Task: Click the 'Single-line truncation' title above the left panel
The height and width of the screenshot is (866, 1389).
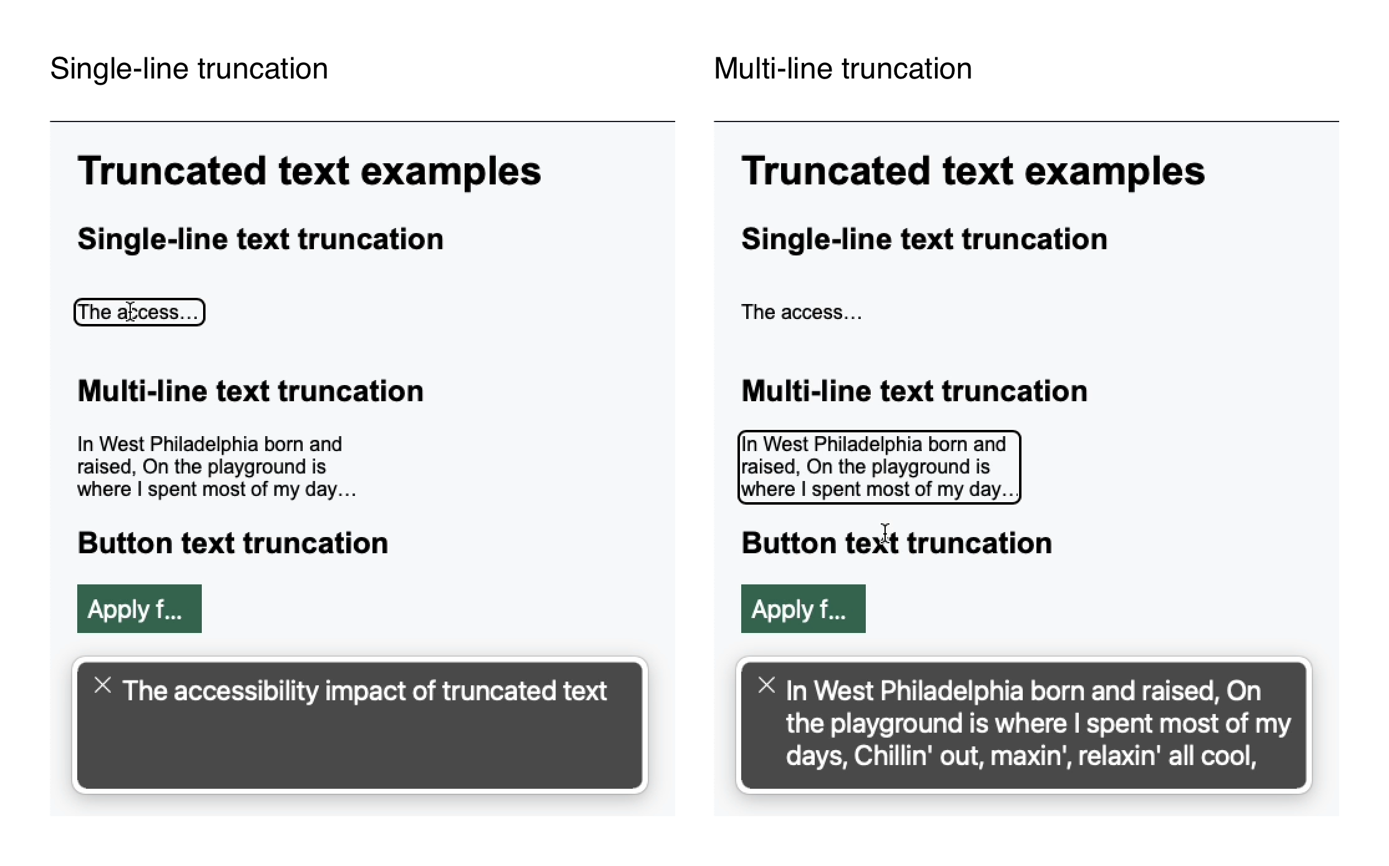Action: [x=189, y=69]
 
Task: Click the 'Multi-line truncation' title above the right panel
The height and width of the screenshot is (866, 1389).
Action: [x=843, y=69]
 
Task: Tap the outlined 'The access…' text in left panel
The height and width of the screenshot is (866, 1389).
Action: [x=139, y=312]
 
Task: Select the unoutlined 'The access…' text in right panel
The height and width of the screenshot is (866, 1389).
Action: [x=801, y=312]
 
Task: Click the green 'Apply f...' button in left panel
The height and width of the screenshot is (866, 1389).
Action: [x=139, y=609]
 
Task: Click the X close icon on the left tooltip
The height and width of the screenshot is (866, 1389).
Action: [x=103, y=685]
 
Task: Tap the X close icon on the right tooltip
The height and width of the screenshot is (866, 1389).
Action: [x=767, y=685]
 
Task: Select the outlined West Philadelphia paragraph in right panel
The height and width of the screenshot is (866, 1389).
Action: [x=878, y=467]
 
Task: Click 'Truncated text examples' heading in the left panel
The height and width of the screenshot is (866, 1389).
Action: [x=309, y=171]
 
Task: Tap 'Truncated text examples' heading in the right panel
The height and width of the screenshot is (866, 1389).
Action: [x=973, y=171]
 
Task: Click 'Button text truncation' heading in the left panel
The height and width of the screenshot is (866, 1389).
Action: [x=232, y=543]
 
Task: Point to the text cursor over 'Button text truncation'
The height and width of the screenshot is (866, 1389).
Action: [x=885, y=533]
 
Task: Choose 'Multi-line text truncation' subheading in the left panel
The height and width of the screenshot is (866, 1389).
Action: [x=250, y=391]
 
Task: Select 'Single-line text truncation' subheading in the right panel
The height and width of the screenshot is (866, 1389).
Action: [x=924, y=239]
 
